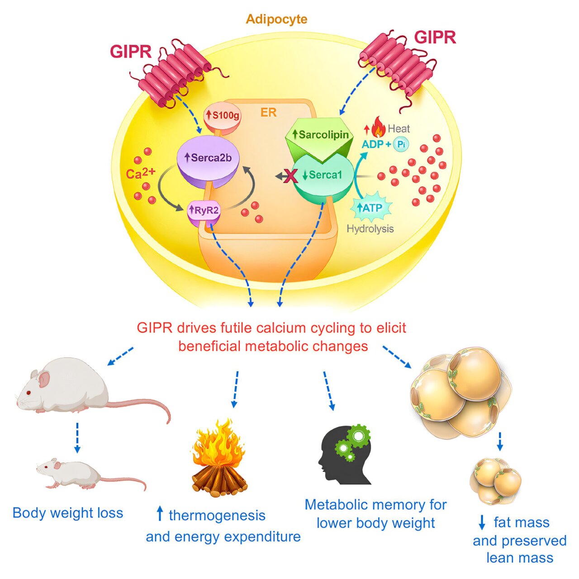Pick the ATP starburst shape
click(x=370, y=208)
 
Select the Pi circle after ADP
click(x=400, y=144)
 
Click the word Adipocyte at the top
click(x=276, y=19)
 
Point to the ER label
click(x=268, y=112)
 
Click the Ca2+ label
click(x=141, y=173)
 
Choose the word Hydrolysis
click(x=370, y=229)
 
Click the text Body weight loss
click(x=68, y=513)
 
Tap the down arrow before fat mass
click(x=482, y=523)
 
